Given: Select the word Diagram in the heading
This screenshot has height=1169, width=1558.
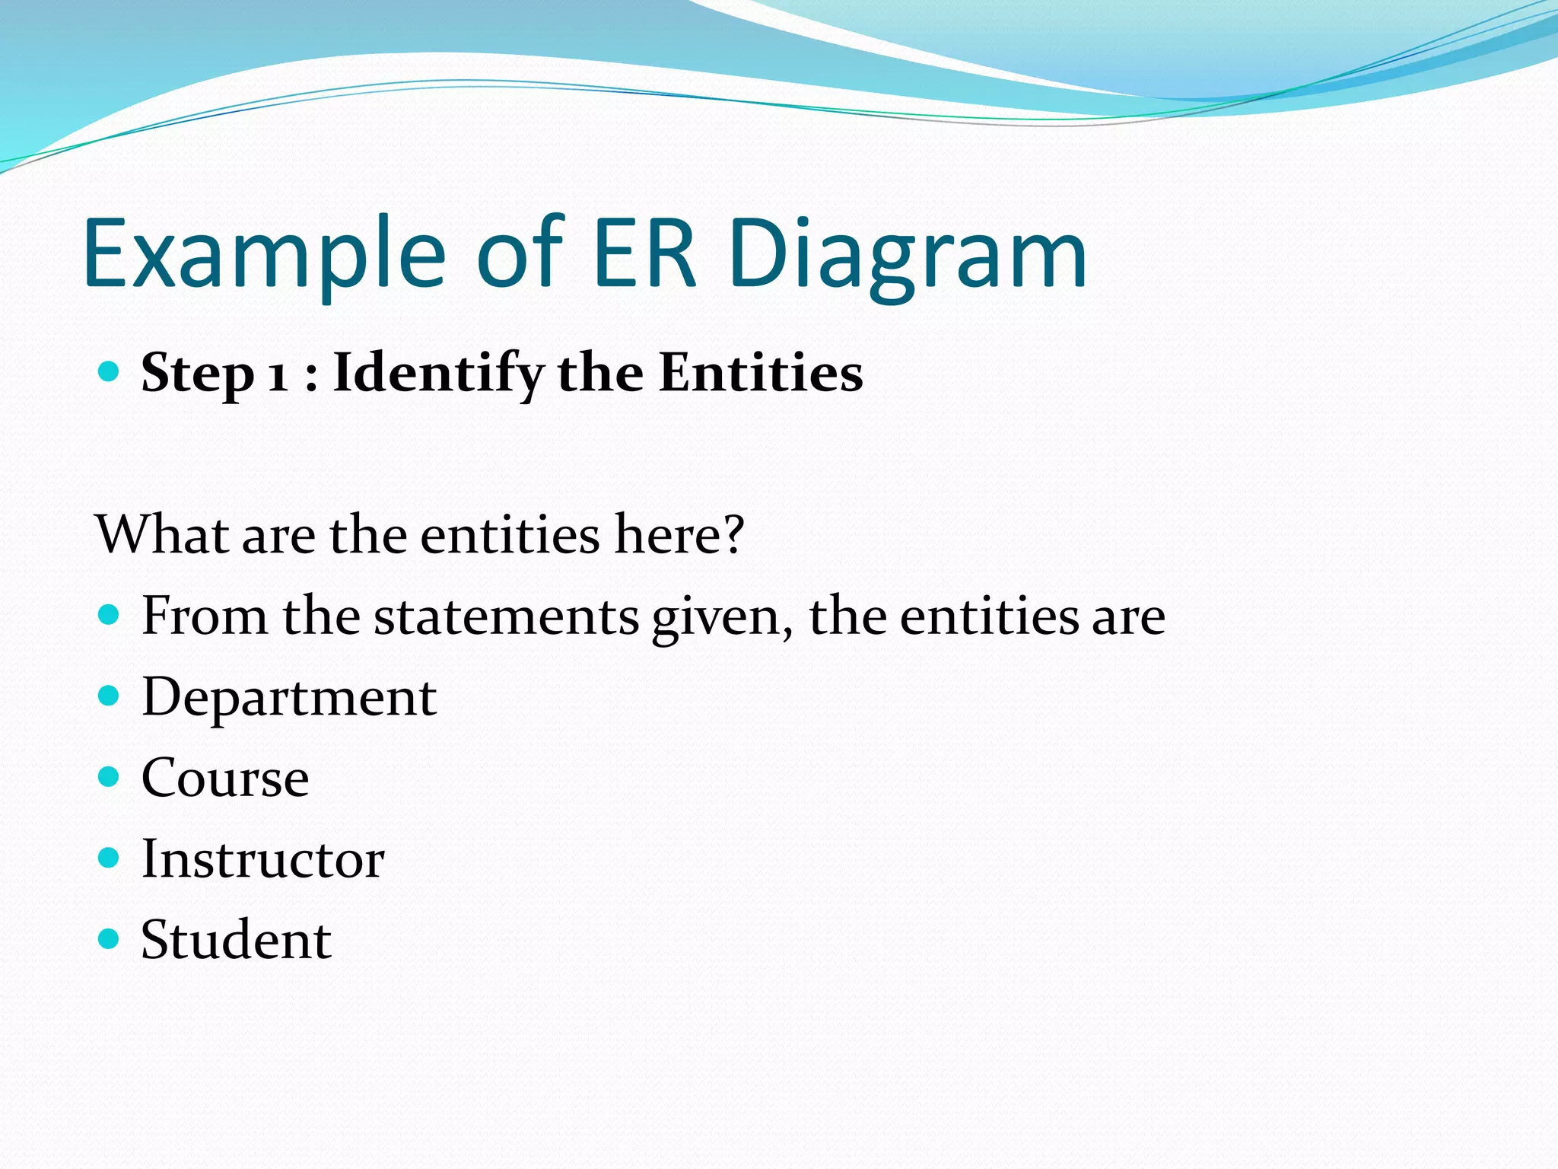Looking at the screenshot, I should [x=907, y=255].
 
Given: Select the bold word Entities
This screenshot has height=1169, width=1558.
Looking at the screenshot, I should [x=761, y=373].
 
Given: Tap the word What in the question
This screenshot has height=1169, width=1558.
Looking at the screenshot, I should [x=162, y=534].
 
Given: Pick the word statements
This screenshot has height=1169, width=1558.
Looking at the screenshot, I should [x=507, y=616].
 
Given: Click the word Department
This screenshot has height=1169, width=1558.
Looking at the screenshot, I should [x=289, y=697].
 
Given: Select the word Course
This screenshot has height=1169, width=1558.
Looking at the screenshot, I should [x=225, y=778].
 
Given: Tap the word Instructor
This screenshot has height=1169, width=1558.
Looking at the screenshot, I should [x=263, y=858].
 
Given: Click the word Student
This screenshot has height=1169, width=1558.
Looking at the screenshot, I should [x=236, y=940].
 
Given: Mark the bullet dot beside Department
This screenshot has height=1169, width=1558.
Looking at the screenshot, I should [x=110, y=696].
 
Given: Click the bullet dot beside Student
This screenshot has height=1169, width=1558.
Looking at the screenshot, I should [x=110, y=938].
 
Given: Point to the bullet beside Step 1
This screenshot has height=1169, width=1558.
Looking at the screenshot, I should [x=110, y=371].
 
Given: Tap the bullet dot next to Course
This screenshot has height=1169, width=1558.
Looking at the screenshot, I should [x=110, y=776].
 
